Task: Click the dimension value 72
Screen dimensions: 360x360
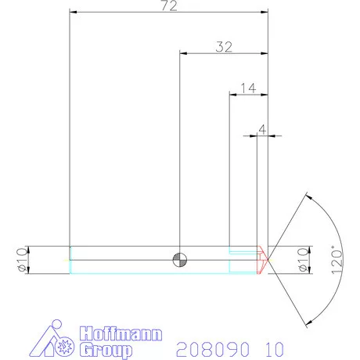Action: click(168, 7)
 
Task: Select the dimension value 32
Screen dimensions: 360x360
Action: click(224, 47)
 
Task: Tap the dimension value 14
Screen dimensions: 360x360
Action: click(248, 88)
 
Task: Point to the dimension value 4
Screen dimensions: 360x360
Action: click(262, 128)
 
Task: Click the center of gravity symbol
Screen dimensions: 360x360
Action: click(180, 259)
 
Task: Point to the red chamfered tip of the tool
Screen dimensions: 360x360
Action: click(263, 259)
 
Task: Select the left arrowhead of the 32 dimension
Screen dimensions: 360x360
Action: click(184, 53)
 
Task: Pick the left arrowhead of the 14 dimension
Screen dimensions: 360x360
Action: click(232, 94)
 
